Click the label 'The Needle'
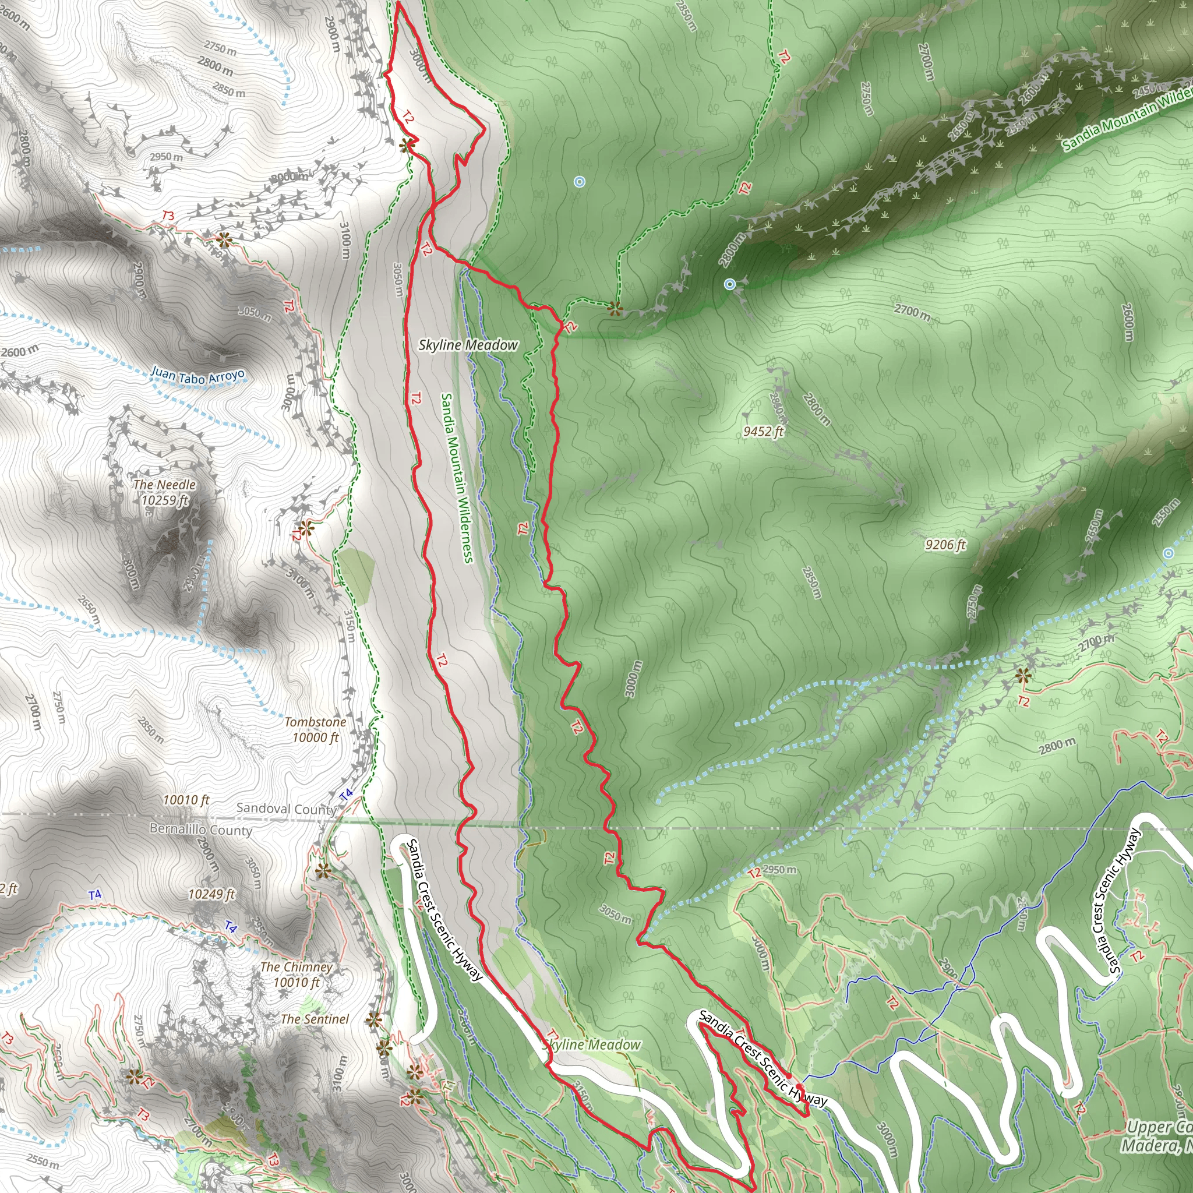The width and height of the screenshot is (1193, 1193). [x=164, y=485]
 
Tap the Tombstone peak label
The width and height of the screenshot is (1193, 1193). [x=315, y=722]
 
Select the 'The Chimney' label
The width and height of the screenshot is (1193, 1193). [x=297, y=967]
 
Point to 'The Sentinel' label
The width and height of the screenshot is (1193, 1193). [x=315, y=1019]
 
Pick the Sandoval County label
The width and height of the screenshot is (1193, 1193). [x=286, y=809]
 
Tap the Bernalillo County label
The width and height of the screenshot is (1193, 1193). [x=201, y=830]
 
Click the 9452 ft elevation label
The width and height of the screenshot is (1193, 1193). [x=763, y=431]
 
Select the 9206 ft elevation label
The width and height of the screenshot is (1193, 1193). [x=945, y=544]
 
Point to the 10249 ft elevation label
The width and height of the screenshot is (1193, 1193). [x=212, y=894]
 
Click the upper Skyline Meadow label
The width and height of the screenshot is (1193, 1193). [x=468, y=345]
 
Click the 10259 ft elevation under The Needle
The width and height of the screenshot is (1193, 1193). [x=164, y=500]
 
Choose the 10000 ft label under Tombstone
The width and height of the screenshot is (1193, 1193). [x=316, y=737]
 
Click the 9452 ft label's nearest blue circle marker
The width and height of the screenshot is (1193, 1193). [x=730, y=284]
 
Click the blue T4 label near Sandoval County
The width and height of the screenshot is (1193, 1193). [x=347, y=794]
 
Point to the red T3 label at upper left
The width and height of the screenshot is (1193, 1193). [x=168, y=216]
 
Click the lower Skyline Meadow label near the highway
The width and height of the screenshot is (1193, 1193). [x=592, y=1044]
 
